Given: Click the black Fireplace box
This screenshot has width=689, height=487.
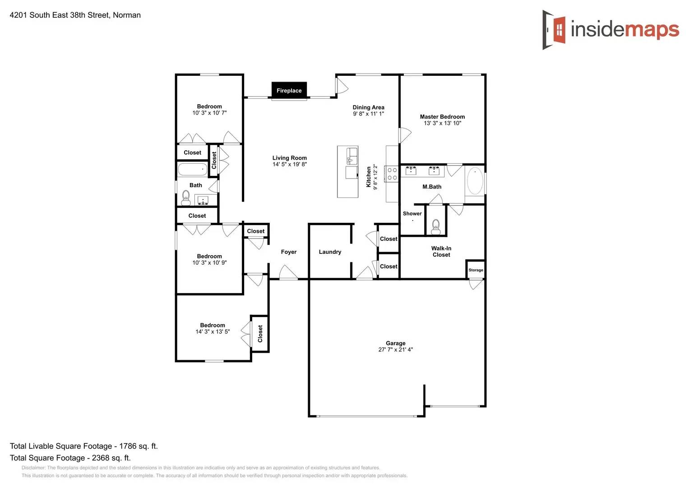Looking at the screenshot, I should (289, 90).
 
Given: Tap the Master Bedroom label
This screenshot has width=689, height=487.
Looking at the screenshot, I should (442, 117).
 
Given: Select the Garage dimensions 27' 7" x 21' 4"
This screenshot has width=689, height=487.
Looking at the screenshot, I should (395, 349).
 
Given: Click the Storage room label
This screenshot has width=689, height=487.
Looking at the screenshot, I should (476, 270).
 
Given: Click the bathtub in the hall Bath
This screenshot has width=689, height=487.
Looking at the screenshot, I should (192, 170).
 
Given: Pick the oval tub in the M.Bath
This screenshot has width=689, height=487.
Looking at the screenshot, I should (475, 181).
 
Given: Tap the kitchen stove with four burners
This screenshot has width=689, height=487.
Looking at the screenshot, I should (392, 174).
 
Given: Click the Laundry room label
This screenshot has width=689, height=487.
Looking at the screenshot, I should (330, 252).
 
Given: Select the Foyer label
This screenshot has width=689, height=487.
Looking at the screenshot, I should (289, 252).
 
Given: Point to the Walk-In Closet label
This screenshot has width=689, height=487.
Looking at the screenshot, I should (441, 252).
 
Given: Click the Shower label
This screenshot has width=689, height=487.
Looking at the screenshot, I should (412, 214).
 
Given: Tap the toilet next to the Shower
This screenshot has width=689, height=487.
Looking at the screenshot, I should (436, 227).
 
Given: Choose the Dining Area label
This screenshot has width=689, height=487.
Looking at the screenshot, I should (368, 107).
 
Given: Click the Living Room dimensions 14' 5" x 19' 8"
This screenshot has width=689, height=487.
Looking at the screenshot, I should (289, 165).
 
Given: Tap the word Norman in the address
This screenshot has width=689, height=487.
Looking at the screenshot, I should (127, 15).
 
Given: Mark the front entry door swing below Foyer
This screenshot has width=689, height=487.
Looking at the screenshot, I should (288, 273).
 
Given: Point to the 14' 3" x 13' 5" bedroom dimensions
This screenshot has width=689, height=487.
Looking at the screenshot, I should (213, 332).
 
